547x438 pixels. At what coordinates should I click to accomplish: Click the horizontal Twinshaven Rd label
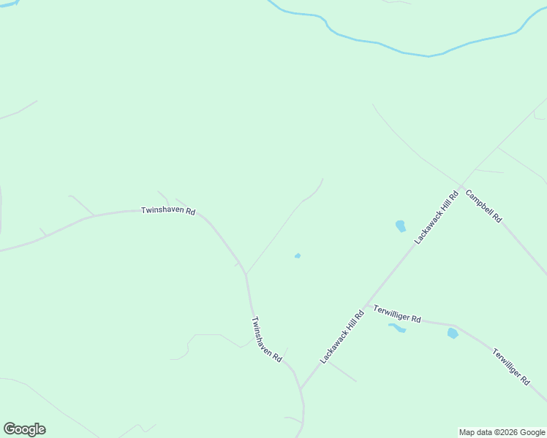pyautogui.click(x=168, y=211)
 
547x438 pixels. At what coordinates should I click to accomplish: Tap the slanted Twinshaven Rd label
pyautogui.click(x=266, y=339)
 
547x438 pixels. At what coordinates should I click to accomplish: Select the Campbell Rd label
pyautogui.click(x=483, y=207)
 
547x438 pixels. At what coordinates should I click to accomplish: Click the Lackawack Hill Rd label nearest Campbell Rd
pyautogui.click(x=436, y=217)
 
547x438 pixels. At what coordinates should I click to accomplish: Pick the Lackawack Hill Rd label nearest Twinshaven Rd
pyautogui.click(x=342, y=337)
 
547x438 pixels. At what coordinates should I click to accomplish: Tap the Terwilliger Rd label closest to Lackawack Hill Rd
pyautogui.click(x=397, y=314)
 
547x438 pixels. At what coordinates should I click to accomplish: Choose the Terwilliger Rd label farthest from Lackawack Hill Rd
pyautogui.click(x=510, y=366)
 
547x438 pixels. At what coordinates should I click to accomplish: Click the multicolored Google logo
pyautogui.click(x=24, y=429)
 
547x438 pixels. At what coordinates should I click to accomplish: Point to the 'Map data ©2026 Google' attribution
pyautogui.click(x=502, y=432)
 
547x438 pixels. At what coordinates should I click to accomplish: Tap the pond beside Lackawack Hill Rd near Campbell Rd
pyautogui.click(x=400, y=226)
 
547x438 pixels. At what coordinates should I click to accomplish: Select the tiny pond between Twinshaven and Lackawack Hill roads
pyautogui.click(x=298, y=255)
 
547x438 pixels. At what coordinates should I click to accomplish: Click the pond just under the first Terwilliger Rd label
pyautogui.click(x=397, y=328)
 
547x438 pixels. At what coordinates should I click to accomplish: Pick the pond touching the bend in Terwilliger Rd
pyautogui.click(x=453, y=333)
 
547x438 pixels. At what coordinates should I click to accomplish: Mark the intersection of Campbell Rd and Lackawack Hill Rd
pyautogui.click(x=461, y=185)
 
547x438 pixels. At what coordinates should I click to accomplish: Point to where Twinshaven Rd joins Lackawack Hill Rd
pyautogui.click(x=301, y=388)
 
